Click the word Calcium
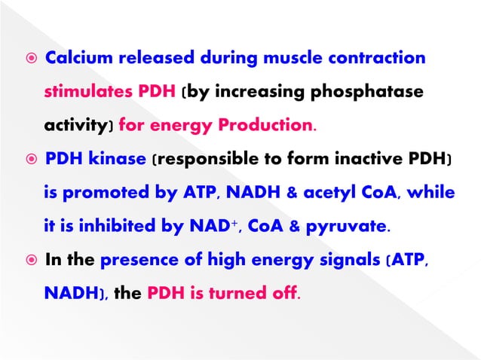76,59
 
